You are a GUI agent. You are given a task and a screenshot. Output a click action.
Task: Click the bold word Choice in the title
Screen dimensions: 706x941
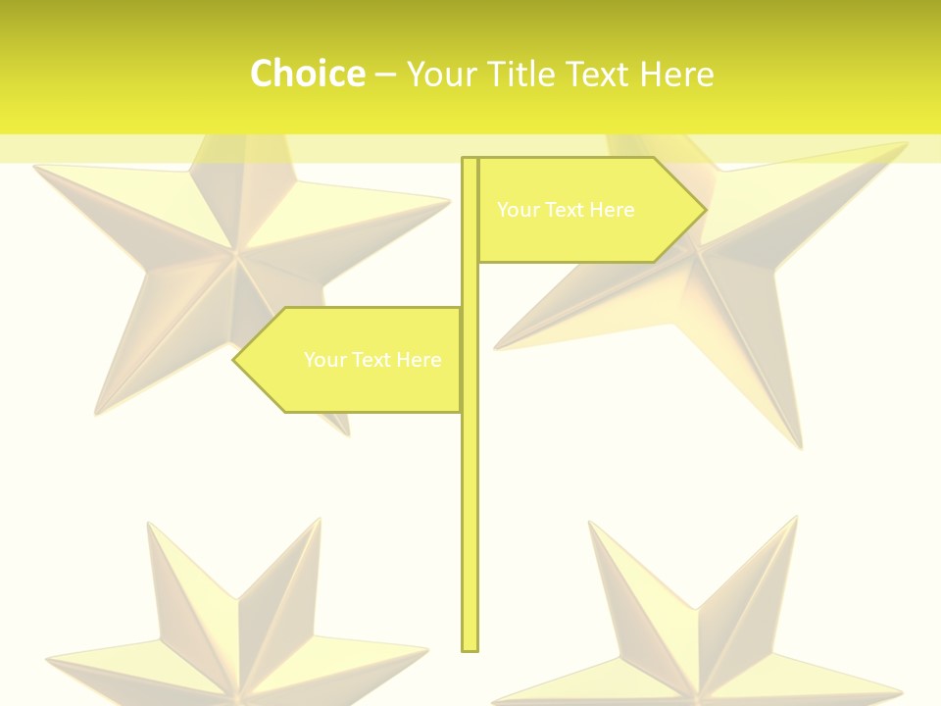click(307, 75)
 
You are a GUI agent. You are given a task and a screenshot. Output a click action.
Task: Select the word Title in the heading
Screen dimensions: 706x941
click(520, 75)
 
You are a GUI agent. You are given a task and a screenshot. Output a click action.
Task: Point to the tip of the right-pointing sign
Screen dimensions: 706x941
click(705, 210)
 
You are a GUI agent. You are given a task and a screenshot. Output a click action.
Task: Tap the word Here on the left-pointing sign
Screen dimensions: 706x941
click(419, 360)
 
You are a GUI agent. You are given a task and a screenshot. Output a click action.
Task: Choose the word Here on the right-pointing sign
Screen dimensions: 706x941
click(613, 210)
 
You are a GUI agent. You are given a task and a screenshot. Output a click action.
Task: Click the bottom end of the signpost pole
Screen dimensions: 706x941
click(470, 648)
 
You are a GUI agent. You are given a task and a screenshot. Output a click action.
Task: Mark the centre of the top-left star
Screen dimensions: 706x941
click(235, 257)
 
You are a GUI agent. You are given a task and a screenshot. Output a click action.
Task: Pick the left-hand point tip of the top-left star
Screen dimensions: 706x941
click(34, 167)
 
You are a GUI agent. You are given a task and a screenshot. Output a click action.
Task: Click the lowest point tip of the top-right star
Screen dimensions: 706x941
click(800, 449)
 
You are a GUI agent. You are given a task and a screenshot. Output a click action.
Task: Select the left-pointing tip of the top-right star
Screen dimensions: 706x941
click(494, 348)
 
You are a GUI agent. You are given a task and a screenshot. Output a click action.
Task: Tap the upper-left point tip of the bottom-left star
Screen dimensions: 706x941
click(149, 523)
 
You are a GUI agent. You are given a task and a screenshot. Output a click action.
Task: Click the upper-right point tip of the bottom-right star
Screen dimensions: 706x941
click(796, 518)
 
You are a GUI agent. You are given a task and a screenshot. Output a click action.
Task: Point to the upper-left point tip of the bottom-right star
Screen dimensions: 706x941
click(590, 523)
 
